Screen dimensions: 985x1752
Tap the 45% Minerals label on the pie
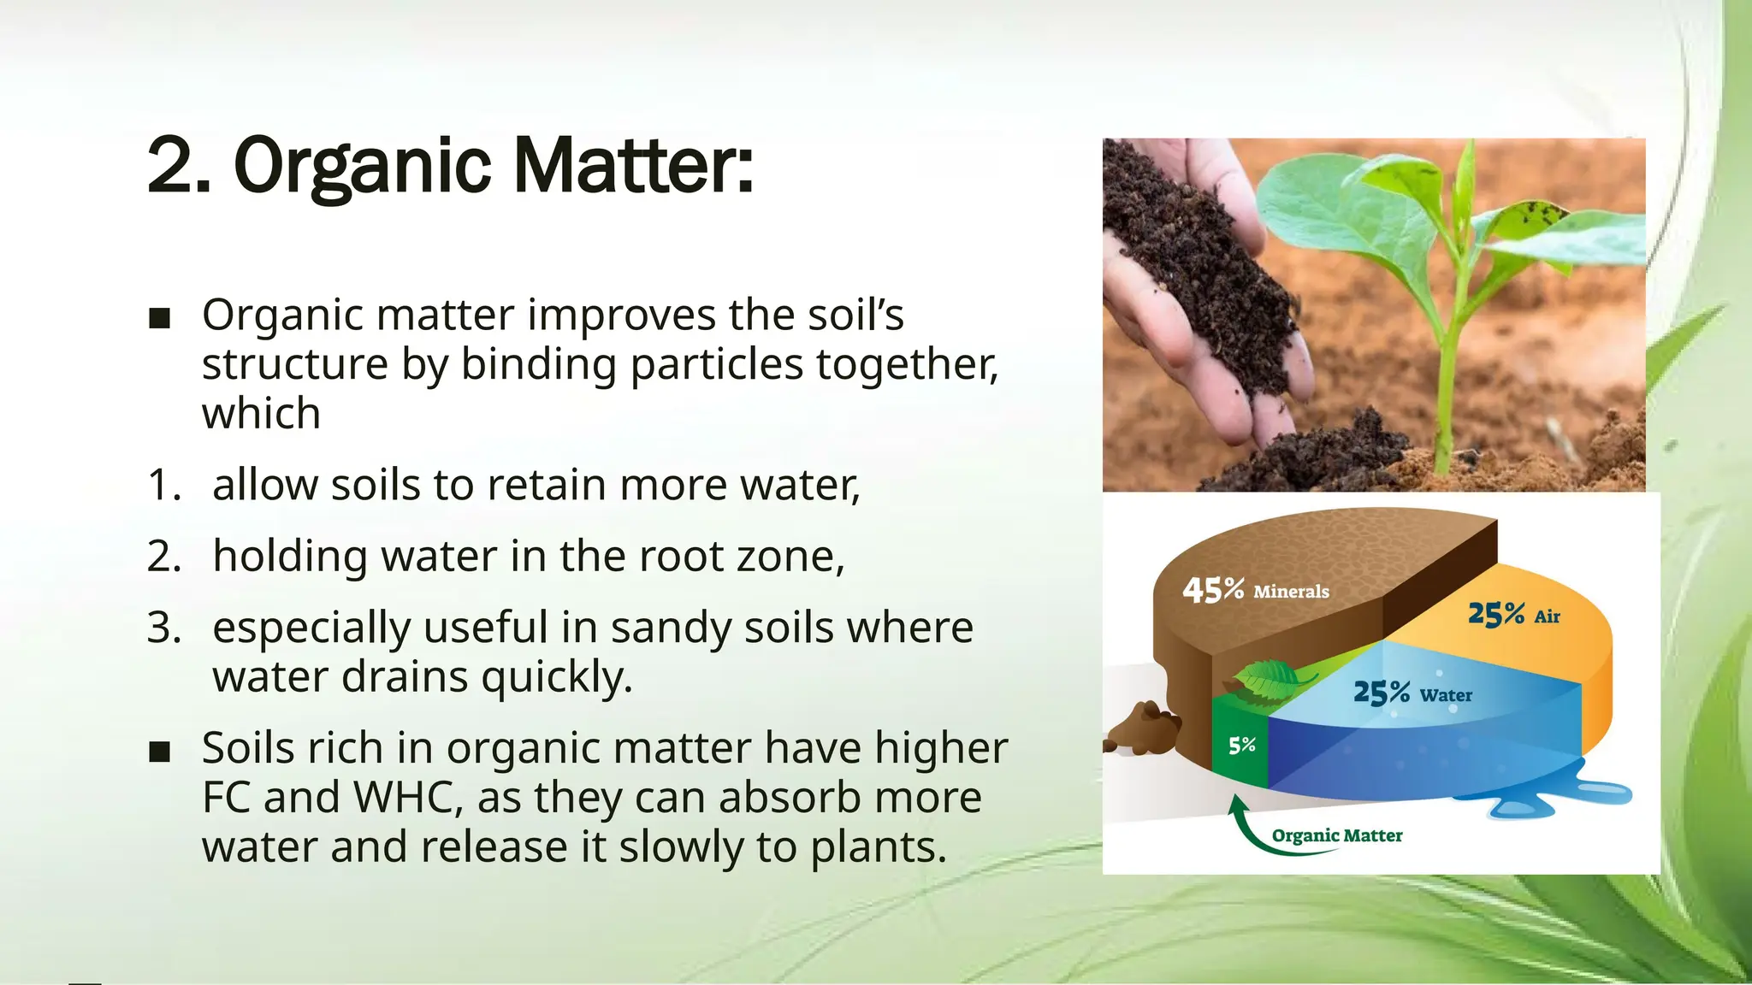[1255, 590]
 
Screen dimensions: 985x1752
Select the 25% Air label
[1513, 614]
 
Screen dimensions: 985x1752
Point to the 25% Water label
[1412, 693]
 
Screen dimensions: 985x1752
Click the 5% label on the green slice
[1241, 745]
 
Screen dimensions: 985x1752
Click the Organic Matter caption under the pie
[1336, 835]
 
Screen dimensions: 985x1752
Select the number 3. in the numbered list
[163, 628]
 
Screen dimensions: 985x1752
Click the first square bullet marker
[159, 319]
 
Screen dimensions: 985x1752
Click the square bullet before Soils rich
[159, 752]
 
